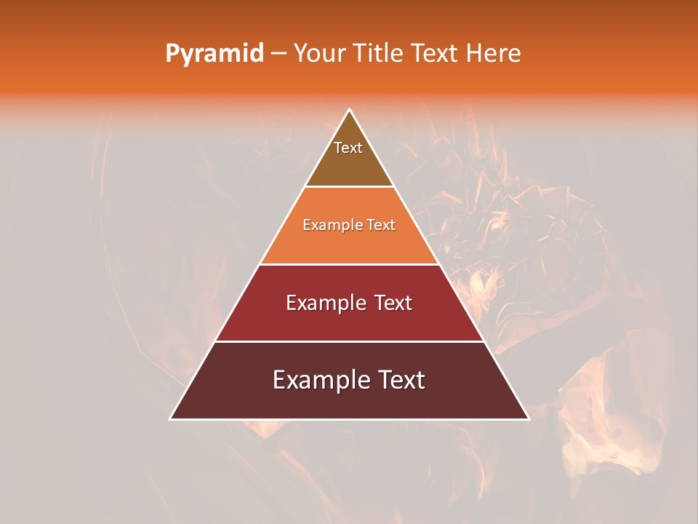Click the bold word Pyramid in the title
pos(214,54)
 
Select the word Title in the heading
pos(380,54)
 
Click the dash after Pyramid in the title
pos(278,54)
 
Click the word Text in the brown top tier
pos(348,148)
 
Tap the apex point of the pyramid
pos(350,110)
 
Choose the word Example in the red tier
pos(323,303)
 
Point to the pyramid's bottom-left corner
pos(171,418)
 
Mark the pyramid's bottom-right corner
pos(529,418)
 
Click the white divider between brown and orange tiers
pos(350,187)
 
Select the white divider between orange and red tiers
pos(350,264)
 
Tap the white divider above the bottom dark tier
pos(350,341)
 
